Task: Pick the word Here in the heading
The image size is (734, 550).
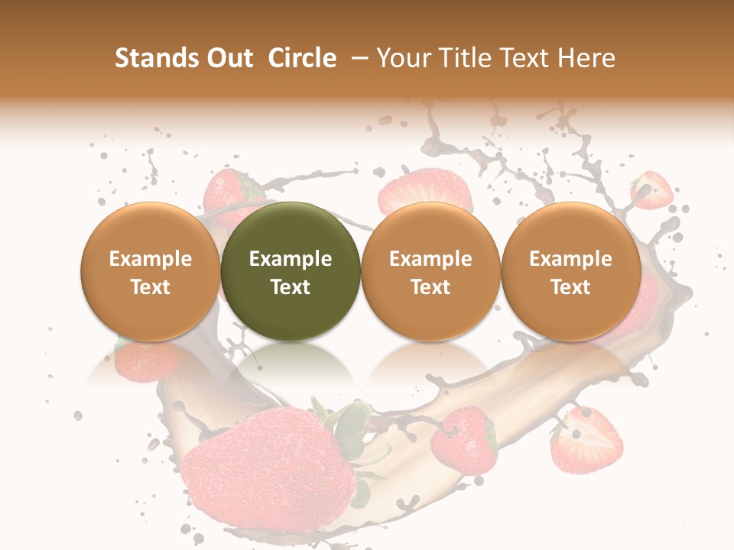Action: click(x=587, y=58)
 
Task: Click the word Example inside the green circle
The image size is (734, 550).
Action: click(x=291, y=259)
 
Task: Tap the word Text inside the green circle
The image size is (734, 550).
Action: click(x=291, y=287)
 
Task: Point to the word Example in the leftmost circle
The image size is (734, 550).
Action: click(x=151, y=259)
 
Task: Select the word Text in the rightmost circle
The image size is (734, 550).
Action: click(x=571, y=287)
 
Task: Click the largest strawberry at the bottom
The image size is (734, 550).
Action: click(x=268, y=466)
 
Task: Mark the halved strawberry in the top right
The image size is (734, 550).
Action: click(x=652, y=190)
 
